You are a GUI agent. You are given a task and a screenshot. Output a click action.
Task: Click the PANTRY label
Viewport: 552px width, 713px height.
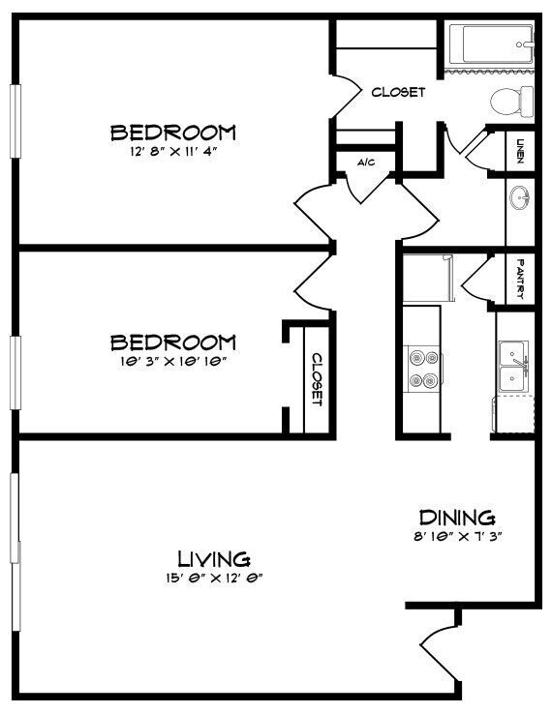tap(520, 278)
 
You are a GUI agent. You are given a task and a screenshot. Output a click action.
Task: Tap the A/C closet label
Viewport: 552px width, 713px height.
tap(366, 163)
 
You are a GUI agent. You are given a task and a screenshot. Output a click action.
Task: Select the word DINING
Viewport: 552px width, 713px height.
tap(457, 518)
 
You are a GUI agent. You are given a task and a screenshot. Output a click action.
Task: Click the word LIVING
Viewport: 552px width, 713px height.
tap(214, 558)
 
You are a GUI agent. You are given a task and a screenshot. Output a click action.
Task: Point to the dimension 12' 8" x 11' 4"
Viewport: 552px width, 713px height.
tap(173, 152)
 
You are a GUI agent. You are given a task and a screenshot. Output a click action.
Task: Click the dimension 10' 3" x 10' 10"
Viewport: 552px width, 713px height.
tap(173, 361)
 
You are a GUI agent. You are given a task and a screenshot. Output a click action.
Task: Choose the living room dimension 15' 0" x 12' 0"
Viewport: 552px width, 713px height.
tap(214, 578)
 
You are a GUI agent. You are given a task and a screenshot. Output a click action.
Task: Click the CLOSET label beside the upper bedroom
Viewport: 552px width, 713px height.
tap(398, 93)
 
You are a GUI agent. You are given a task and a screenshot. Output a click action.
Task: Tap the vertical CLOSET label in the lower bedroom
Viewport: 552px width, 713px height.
tap(316, 378)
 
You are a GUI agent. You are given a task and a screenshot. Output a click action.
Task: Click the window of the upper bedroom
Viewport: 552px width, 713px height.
tap(15, 119)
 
